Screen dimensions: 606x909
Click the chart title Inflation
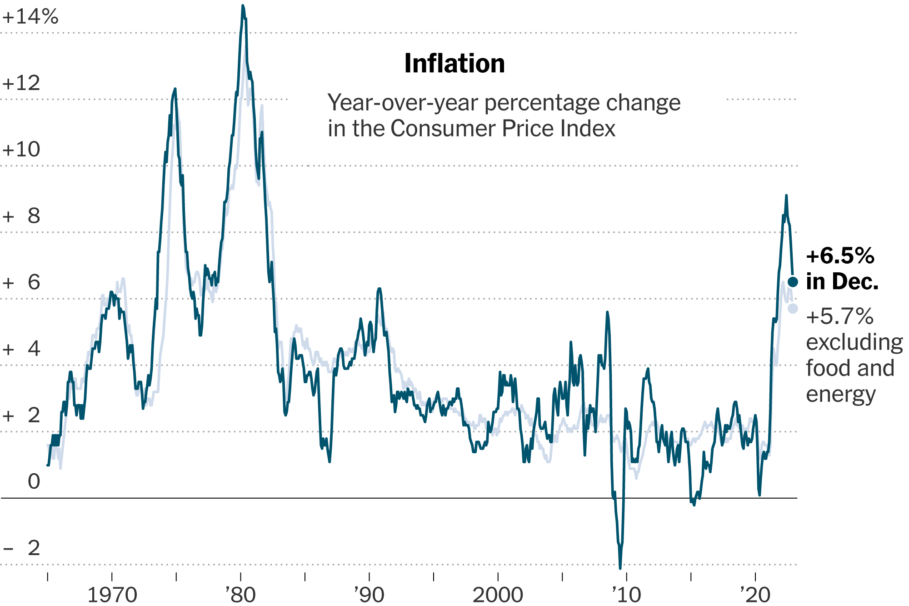click(x=454, y=64)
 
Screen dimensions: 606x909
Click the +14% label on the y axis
click(x=30, y=17)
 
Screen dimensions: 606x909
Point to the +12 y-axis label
click(x=21, y=84)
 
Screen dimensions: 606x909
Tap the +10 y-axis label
click(x=21, y=150)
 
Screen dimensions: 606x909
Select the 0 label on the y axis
click(x=34, y=482)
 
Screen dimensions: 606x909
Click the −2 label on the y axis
click(x=21, y=548)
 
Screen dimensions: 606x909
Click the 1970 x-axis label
click(x=112, y=595)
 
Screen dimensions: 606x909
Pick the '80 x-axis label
click(x=240, y=595)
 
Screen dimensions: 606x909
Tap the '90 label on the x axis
click(x=369, y=595)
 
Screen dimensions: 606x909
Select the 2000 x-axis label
click(x=498, y=595)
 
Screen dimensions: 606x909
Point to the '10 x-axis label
click(x=626, y=595)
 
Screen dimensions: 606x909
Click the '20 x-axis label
click(x=755, y=595)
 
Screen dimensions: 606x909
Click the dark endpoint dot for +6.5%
click(x=793, y=282)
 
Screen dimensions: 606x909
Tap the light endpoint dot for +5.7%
click(x=793, y=308)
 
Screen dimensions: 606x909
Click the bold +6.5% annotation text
click(x=840, y=256)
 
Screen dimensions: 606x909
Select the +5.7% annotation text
click(x=839, y=316)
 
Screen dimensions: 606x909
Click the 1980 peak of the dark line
click(x=243, y=6)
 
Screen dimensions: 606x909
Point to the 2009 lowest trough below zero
click(x=620, y=567)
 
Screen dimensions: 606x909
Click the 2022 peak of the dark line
click(x=786, y=196)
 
